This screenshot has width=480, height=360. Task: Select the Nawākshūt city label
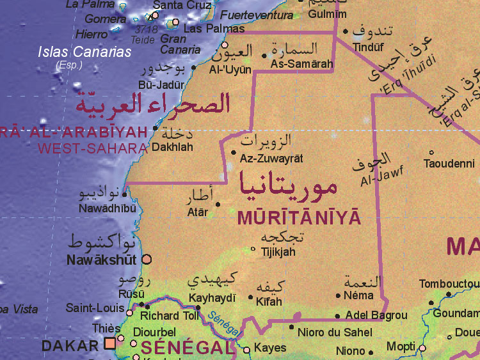(x=102, y=260)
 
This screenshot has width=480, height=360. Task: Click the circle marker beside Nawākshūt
(x=147, y=259)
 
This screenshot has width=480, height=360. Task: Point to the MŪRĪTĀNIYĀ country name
(x=299, y=218)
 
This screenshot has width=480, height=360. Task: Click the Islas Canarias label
(x=84, y=52)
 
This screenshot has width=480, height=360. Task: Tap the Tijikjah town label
(x=278, y=252)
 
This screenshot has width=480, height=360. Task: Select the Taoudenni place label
(x=449, y=164)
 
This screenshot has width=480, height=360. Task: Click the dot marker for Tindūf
(x=346, y=31)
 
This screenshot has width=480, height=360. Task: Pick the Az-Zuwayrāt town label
(x=271, y=158)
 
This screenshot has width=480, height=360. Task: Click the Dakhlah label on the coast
(x=172, y=146)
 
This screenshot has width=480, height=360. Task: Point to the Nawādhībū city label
(x=107, y=208)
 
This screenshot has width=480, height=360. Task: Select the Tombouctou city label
(x=449, y=284)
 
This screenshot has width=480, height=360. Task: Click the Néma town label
(x=358, y=296)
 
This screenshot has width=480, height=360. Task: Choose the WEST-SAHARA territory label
(x=92, y=148)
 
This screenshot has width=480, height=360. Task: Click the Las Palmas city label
(x=214, y=29)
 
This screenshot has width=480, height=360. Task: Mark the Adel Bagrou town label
(x=376, y=315)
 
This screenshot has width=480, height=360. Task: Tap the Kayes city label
(x=270, y=348)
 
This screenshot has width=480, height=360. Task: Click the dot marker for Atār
(x=218, y=205)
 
